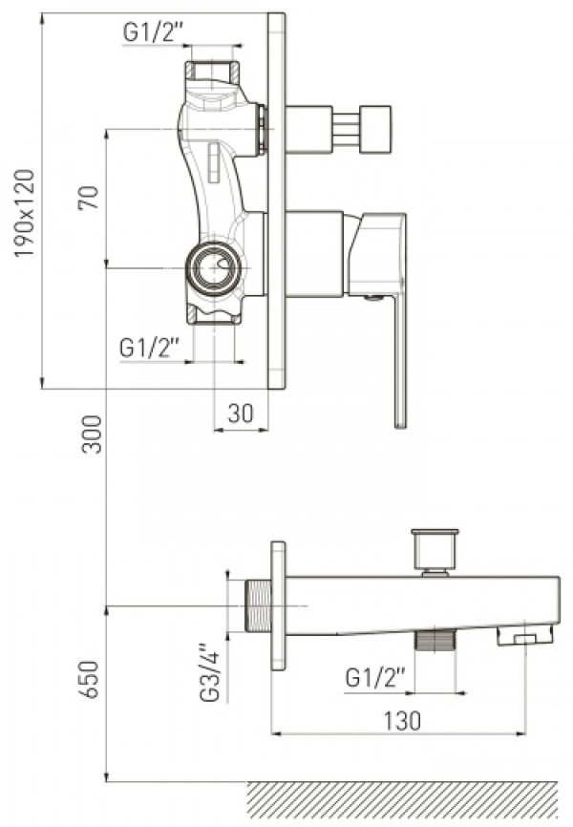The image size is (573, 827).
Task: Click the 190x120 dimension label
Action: pos(24,214)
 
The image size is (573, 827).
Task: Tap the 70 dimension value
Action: pos(89,198)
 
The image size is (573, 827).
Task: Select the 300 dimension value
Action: pos(93,435)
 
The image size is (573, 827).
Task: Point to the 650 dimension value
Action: pos(90,679)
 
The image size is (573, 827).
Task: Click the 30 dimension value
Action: pos(241,413)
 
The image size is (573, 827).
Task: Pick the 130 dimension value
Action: pos(402,720)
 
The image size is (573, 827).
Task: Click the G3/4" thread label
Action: pos(209,672)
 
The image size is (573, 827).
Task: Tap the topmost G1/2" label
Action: pos(153,32)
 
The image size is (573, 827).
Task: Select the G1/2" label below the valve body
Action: pos(150,349)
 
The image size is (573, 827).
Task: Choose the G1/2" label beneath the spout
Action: pos(375,677)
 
